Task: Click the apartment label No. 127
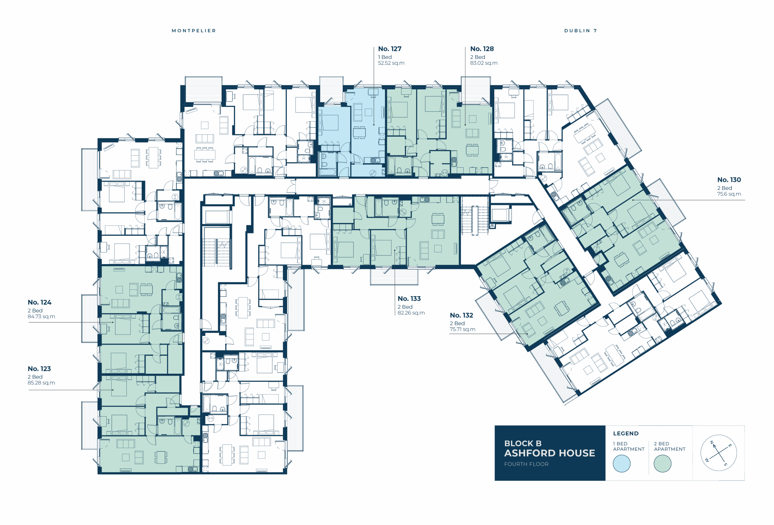pos(390,49)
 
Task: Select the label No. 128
pos(482,49)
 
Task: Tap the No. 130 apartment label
pos(729,180)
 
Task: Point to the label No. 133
pos(409,299)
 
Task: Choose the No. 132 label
pos(461,315)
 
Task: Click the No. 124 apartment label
pos(39,302)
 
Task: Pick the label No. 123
pos(39,369)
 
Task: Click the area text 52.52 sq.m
pos(391,63)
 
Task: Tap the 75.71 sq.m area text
pos(463,329)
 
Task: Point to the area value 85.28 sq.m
pos(41,383)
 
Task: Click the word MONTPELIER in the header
pos(194,31)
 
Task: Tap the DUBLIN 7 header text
pos(580,31)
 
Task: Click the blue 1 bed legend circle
pos(621,463)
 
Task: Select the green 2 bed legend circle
pos(662,463)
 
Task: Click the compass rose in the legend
pos(718,453)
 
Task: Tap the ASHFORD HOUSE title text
pos(550,453)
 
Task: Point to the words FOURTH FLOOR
pos(526,464)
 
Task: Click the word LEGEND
pos(626,433)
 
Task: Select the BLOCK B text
pos(523,443)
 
